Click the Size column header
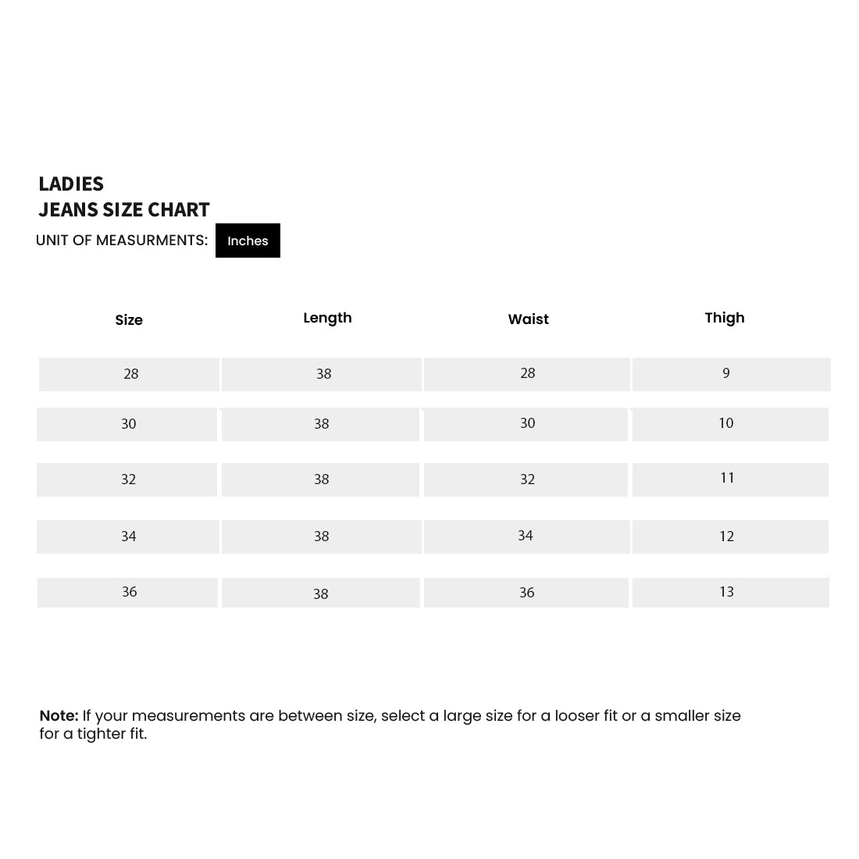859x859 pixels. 129,320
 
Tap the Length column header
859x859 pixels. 327,318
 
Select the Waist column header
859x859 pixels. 528,319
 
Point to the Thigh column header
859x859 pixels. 725,318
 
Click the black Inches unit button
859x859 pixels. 248,241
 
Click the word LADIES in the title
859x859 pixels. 71,184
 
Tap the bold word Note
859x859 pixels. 59,716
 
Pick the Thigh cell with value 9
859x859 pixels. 726,373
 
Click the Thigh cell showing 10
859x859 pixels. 726,423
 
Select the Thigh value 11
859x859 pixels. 727,478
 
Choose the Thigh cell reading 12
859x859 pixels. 727,536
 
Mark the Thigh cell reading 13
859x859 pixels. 727,592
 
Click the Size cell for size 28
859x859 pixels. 131,374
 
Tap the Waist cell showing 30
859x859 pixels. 528,423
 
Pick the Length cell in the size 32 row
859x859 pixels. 322,479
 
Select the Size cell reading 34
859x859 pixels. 129,536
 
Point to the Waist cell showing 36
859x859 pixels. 527,593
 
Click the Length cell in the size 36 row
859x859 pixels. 321,594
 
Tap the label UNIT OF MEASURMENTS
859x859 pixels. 122,241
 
